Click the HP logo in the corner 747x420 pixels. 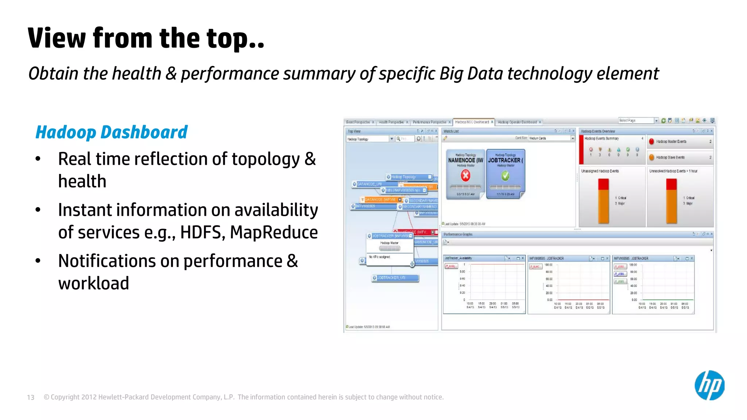pyautogui.click(x=709, y=385)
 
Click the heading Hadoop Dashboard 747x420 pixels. pyautogui.click(x=111, y=132)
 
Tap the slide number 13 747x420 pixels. pyautogui.click(x=31, y=397)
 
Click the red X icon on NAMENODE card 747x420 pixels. pyautogui.click(x=465, y=176)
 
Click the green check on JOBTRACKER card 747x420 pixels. pyautogui.click(x=505, y=176)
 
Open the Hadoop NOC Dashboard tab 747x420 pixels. pyautogui.click(x=472, y=122)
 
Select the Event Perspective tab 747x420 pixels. pyautogui.click(x=358, y=122)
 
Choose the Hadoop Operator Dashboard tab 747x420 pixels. pyautogui.click(x=517, y=122)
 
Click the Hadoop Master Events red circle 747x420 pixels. pyautogui.click(x=651, y=141)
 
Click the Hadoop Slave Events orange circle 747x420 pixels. pyautogui.click(x=651, y=157)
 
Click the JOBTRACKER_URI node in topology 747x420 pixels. pyautogui.click(x=395, y=278)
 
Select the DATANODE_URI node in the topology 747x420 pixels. pyautogui.click(x=368, y=184)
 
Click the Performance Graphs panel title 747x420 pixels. pyautogui.click(x=458, y=234)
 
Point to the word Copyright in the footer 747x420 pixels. pyautogui.click(x=65, y=397)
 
